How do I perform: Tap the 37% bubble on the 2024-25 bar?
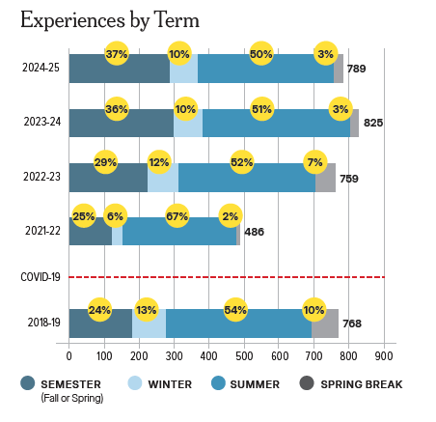(117, 55)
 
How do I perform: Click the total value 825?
(373, 124)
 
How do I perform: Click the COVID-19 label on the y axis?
(40, 277)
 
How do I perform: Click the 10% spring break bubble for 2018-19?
(313, 309)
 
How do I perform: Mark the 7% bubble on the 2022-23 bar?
(314, 161)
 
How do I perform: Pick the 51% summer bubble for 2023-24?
(260, 109)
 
